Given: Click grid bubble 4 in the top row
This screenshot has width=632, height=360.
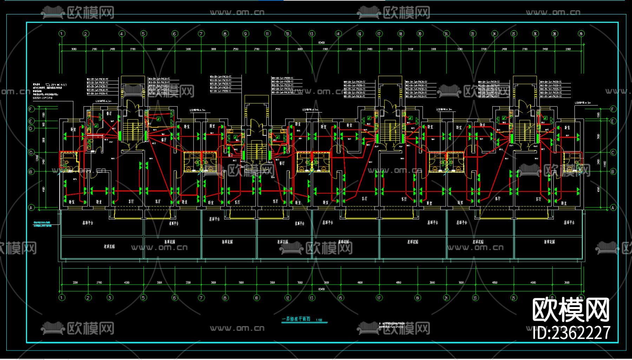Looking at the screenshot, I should coord(122,34).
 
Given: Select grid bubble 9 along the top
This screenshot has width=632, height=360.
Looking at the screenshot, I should coord(246,34).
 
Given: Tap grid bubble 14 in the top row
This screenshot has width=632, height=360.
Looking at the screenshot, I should coord(338,34).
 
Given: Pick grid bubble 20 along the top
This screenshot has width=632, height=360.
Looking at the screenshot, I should coord(420,34).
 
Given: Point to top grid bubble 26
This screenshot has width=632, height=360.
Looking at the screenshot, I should coord(535,34).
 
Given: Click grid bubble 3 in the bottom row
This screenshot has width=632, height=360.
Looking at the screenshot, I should coord(110,298).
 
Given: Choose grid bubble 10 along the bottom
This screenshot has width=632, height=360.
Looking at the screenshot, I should coord(257,298).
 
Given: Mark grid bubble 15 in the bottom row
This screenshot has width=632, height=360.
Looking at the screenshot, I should coord(341,298).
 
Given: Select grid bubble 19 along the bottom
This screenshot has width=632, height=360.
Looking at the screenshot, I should coord(417,298).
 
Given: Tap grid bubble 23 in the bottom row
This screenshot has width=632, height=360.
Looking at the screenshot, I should coord(475,298).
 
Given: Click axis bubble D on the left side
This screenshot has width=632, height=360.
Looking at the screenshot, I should coord(31,129).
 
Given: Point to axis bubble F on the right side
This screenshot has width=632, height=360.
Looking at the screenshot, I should coord(613,109).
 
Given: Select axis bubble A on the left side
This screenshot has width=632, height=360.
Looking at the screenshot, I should coord(31,208).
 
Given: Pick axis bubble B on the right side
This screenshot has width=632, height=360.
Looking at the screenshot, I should coord(613,172).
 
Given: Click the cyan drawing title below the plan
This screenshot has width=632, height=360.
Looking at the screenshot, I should coord(296,319).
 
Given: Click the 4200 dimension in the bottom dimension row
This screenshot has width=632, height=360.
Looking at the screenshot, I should coord(127,282).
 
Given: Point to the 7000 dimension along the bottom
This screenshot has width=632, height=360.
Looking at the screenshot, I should coord(300,282).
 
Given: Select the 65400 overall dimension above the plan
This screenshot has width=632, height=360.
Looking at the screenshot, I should coord(321,43).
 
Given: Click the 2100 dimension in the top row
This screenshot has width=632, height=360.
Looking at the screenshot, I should coord(94,49).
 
